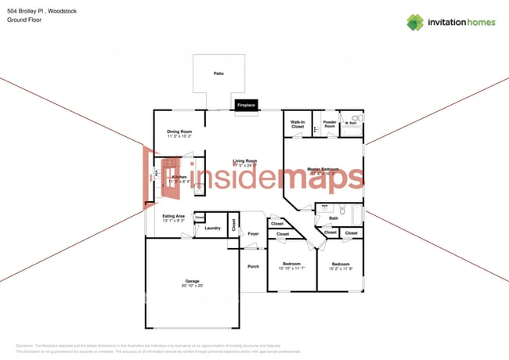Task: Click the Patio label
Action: (x=219, y=74)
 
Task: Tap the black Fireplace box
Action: (x=246, y=105)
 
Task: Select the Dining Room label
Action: (x=179, y=131)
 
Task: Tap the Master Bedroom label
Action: (x=323, y=169)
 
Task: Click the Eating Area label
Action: (x=174, y=216)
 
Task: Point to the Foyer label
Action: (x=253, y=233)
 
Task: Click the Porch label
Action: (x=253, y=267)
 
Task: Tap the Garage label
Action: (x=192, y=281)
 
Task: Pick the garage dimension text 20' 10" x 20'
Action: (x=192, y=286)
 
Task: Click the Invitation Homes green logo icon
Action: (x=415, y=22)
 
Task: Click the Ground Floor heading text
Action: (x=23, y=20)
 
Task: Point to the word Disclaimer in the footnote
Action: (x=26, y=345)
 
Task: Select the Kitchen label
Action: (x=179, y=178)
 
